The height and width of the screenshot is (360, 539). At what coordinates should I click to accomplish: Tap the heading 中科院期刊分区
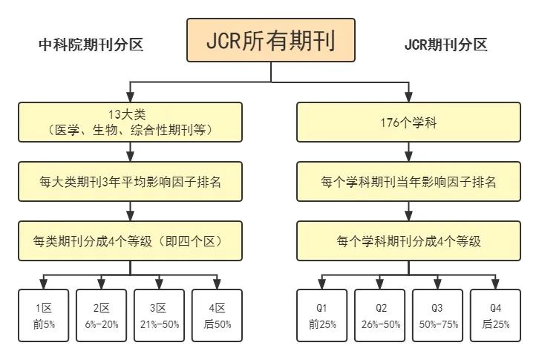(x=91, y=45)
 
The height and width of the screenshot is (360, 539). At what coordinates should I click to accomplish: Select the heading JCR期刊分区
(x=445, y=45)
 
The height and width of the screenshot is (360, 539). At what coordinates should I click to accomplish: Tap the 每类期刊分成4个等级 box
(x=130, y=241)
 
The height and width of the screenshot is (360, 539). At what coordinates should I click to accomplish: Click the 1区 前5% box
(x=43, y=315)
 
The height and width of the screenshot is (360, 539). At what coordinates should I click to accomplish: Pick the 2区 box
(x=101, y=315)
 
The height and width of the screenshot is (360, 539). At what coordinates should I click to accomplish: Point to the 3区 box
(x=159, y=315)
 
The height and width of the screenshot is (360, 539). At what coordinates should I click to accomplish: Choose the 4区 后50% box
(x=217, y=315)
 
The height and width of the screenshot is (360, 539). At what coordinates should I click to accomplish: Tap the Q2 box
(x=379, y=315)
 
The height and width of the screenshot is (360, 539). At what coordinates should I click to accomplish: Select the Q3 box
(x=437, y=315)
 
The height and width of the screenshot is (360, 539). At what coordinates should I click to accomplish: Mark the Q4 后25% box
(x=495, y=315)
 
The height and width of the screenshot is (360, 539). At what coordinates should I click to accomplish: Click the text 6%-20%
(x=101, y=324)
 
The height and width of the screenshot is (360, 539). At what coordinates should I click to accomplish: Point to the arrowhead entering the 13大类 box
(x=131, y=98)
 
